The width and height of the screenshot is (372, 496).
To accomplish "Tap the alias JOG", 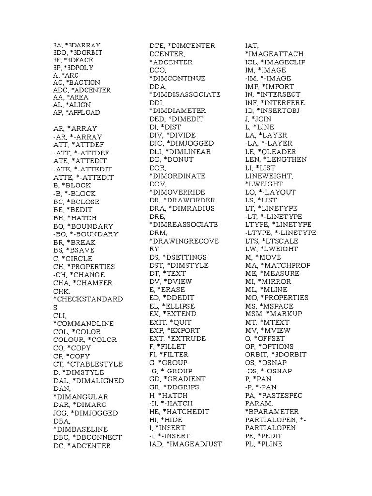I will point(60,413).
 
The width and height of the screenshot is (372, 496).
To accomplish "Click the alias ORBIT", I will point(256,355).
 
